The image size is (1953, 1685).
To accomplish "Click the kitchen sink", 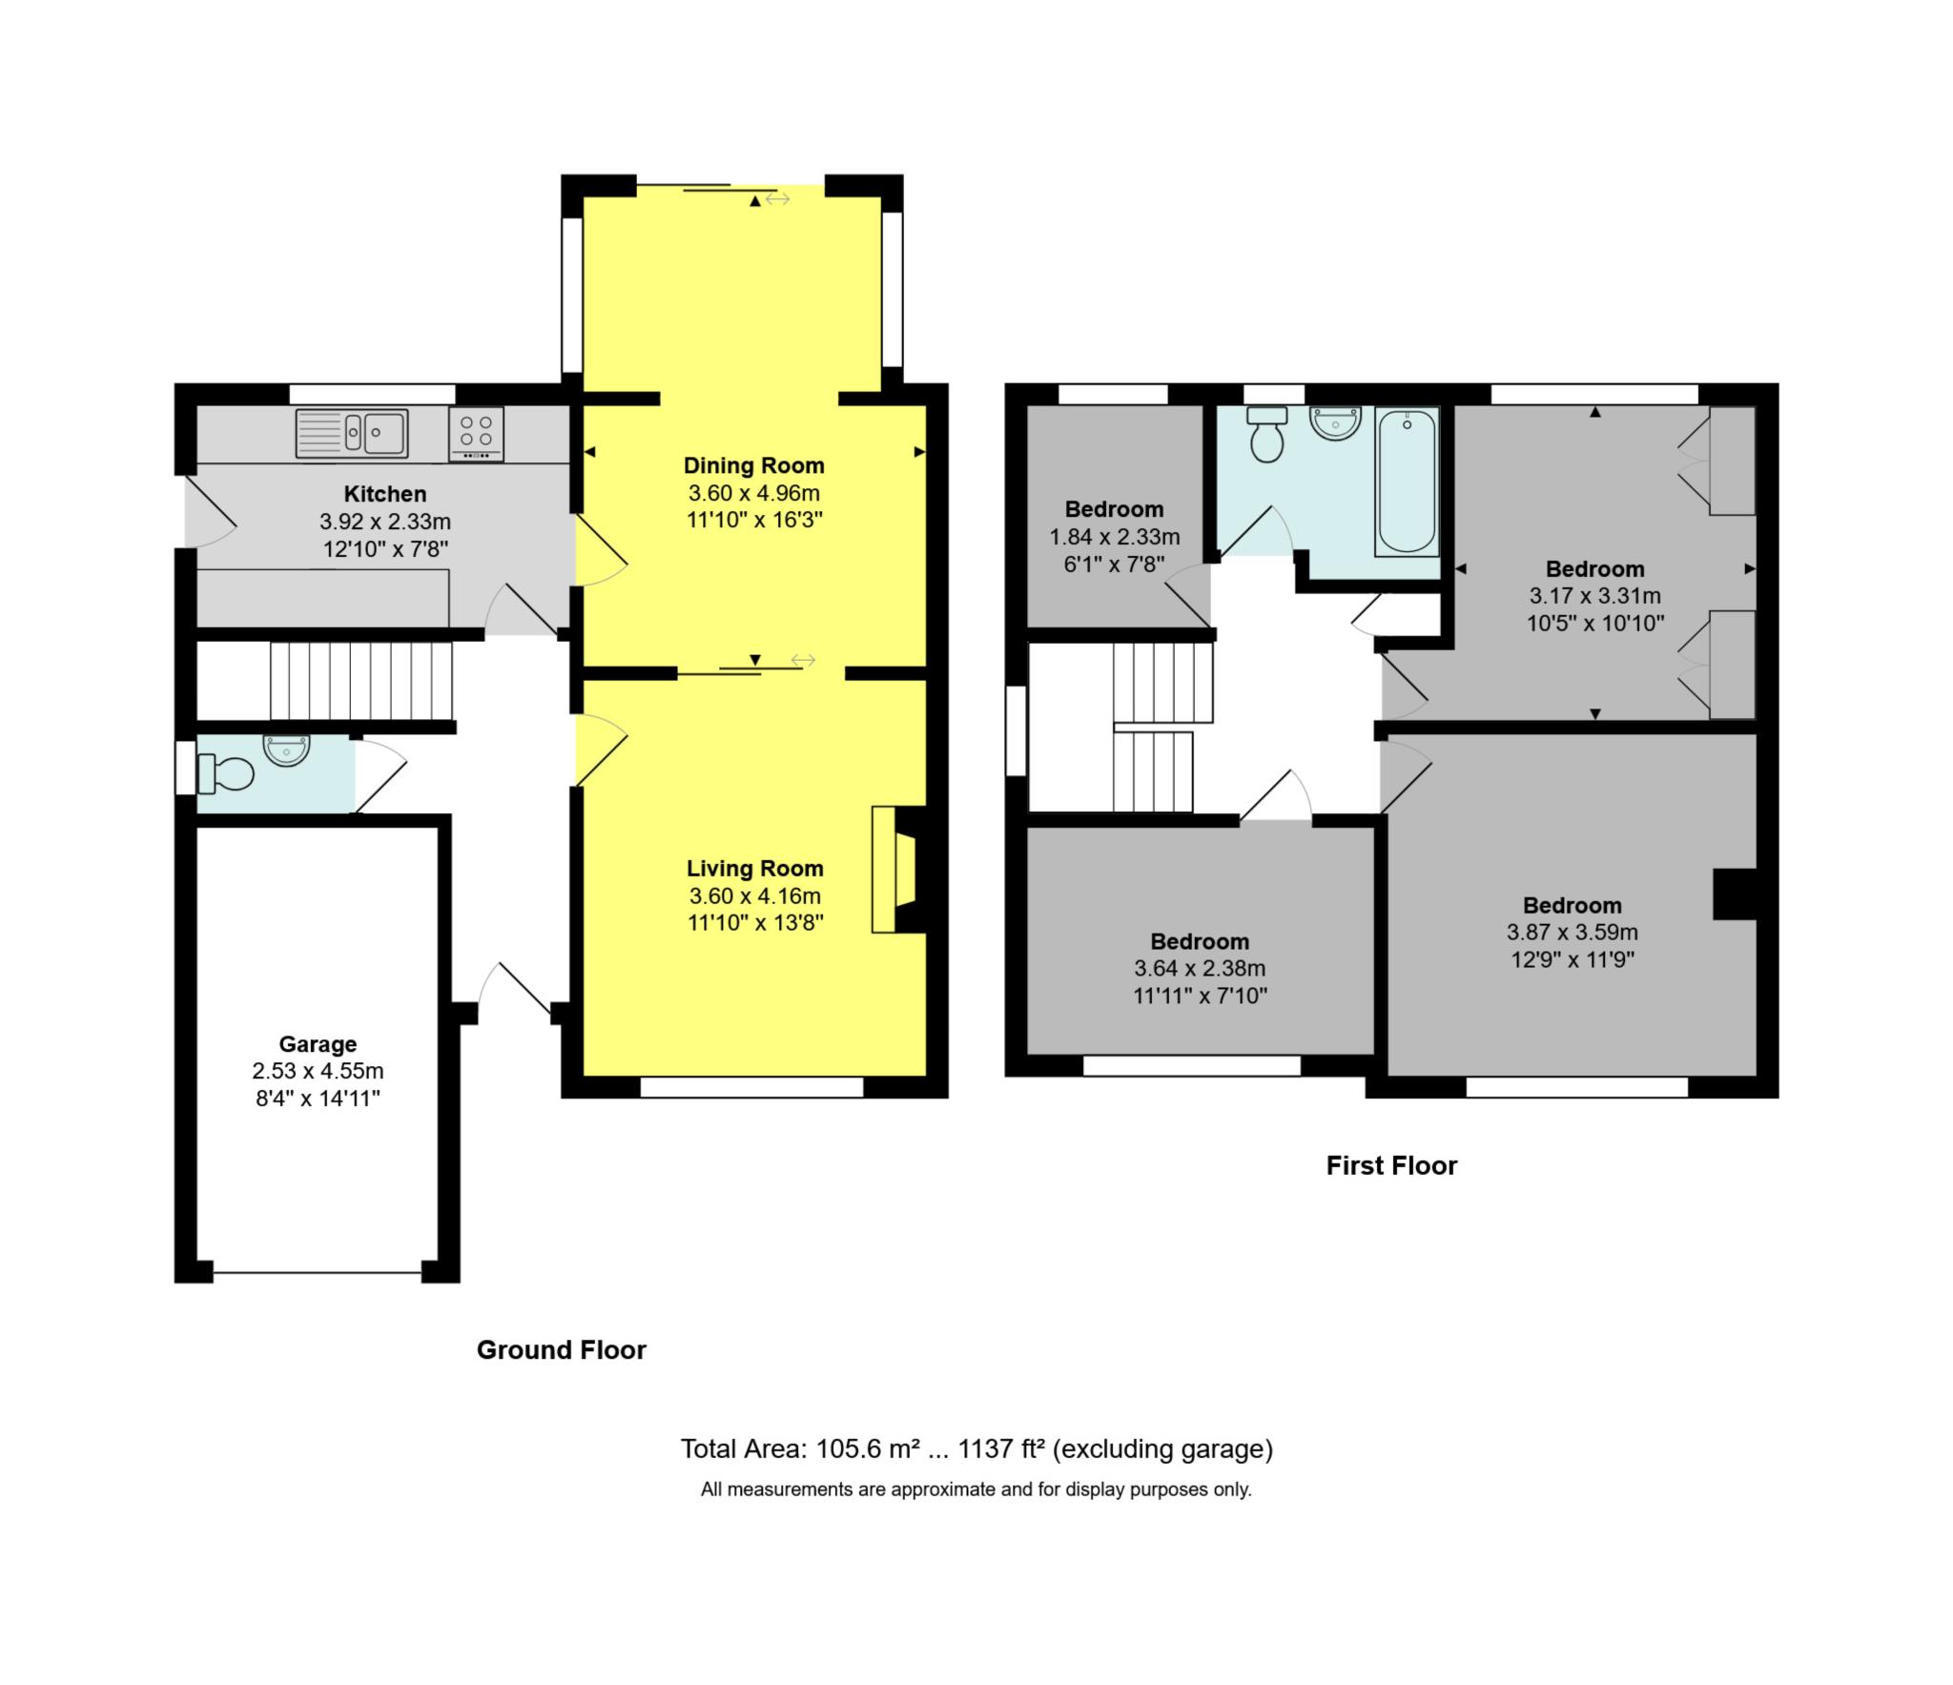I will [x=352, y=433].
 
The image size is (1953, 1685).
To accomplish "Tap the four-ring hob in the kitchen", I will [x=476, y=433].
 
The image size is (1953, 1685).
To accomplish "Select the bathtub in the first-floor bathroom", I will [x=1407, y=482].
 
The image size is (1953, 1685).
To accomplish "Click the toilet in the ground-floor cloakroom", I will [x=226, y=773].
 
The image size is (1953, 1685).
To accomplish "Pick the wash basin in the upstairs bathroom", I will [x=1335, y=422].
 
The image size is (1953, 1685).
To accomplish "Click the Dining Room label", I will [x=753, y=465].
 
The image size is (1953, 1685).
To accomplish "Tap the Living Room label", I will [x=754, y=868].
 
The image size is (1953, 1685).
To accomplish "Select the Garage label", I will [x=318, y=1043].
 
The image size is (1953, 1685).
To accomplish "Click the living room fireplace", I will [x=894, y=869].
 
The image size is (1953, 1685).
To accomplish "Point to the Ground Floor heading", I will [x=561, y=1349].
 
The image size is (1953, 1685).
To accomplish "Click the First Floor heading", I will [x=1391, y=1165].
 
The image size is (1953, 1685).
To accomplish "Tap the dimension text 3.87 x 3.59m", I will [x=1572, y=933].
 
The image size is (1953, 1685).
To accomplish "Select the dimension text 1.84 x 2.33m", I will [x=1114, y=537].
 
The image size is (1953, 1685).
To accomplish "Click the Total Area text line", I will [x=976, y=1449].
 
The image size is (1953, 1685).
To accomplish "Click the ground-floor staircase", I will [x=360, y=681].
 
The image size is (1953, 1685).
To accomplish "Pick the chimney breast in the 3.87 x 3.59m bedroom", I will [x=1734, y=894].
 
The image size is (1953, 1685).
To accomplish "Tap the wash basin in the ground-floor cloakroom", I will [x=286, y=750].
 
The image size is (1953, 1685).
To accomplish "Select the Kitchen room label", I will [x=384, y=494].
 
